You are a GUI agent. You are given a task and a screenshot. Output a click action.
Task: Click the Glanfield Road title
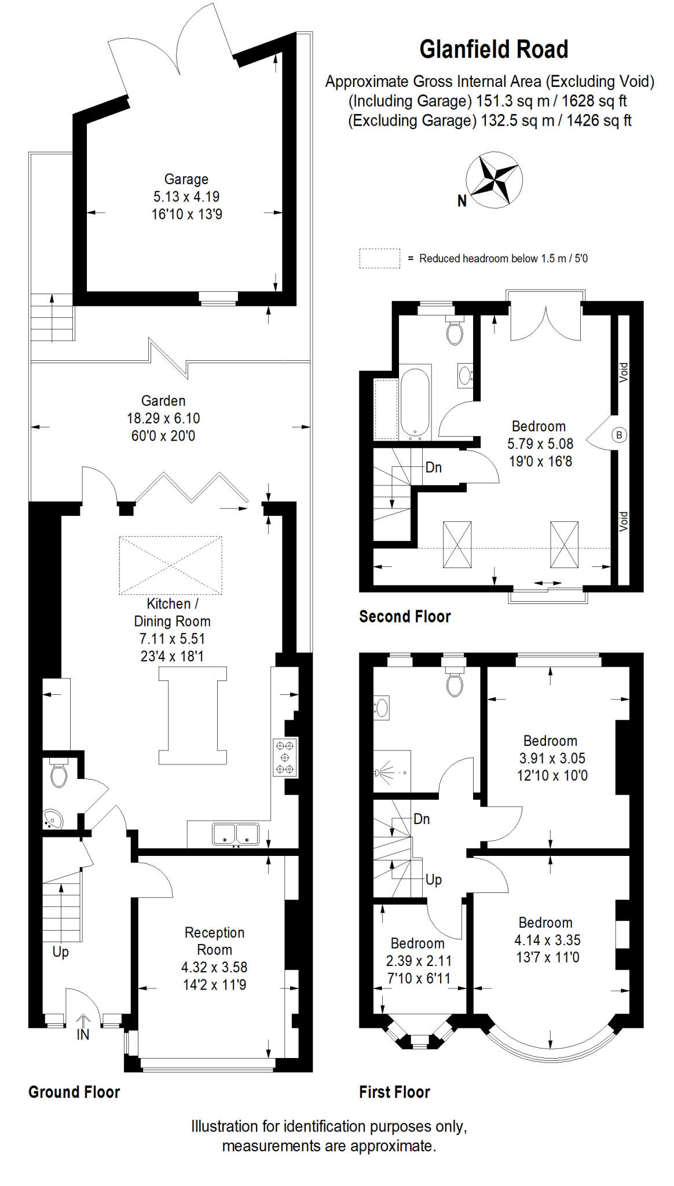tap(493, 50)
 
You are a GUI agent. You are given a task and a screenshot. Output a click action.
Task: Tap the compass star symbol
tap(493, 179)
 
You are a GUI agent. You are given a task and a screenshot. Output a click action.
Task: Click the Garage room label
tap(186, 180)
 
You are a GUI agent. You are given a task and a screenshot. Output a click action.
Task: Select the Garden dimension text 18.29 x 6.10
tap(163, 418)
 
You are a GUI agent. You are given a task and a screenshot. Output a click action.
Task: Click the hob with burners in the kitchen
tap(285, 757)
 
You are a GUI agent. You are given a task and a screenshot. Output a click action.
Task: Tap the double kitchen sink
tap(235, 834)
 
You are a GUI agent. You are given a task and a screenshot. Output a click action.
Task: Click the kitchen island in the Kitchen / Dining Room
tap(193, 716)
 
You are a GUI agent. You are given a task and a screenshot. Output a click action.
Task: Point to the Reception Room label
tap(214, 941)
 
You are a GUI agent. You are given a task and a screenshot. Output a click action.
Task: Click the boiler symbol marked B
tap(619, 435)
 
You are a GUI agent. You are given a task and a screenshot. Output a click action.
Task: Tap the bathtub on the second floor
tap(415, 402)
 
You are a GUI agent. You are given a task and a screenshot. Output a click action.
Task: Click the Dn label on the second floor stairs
tap(433, 467)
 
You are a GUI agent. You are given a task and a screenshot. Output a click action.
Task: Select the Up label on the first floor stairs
tap(433, 880)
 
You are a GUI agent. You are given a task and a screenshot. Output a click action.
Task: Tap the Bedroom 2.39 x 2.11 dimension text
tap(419, 961)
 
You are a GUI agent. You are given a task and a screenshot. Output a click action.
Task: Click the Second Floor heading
tap(405, 617)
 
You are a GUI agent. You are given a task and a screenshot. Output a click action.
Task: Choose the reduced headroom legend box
tap(379, 258)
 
